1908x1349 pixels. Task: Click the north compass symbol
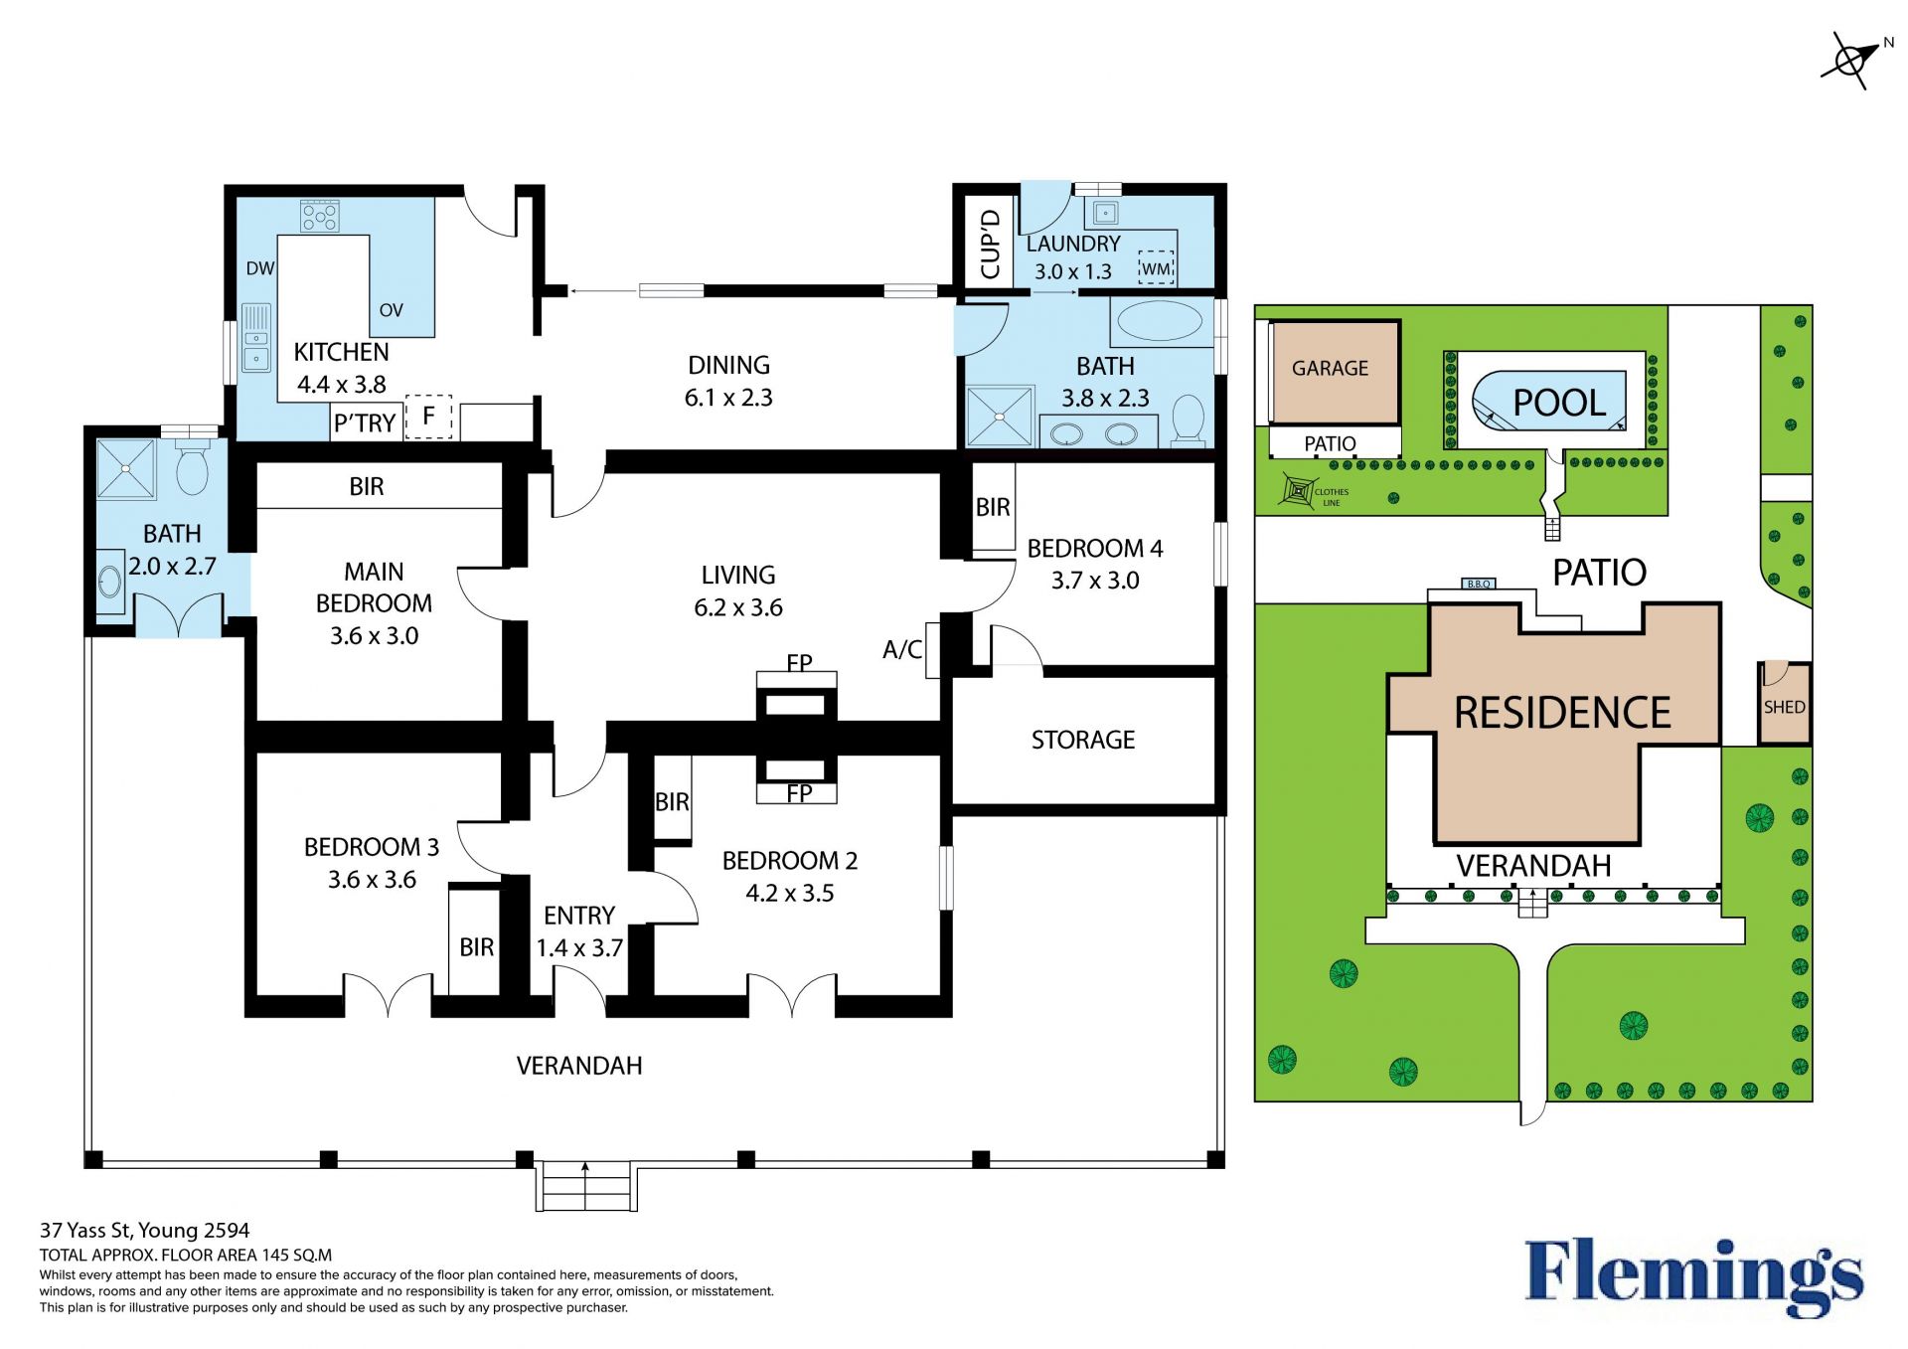point(1852,61)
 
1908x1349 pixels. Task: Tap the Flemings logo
point(1693,1278)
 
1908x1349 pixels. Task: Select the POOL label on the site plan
point(1559,403)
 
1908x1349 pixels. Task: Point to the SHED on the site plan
point(1784,703)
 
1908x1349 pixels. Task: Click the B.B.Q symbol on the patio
point(1479,584)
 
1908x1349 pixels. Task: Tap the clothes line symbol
point(1299,491)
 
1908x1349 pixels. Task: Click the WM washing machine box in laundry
point(1156,267)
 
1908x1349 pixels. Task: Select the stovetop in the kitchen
point(320,216)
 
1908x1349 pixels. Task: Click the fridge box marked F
point(428,417)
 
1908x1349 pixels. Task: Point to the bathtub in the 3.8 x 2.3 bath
point(1160,321)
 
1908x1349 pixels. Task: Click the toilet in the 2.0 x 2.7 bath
point(193,468)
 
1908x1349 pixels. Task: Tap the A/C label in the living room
point(902,649)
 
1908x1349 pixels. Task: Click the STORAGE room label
point(1083,740)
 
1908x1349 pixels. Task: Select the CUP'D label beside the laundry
point(990,244)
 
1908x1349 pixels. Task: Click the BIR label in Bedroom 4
point(993,508)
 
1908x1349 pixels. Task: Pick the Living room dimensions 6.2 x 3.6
point(738,607)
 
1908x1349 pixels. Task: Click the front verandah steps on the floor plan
point(585,1185)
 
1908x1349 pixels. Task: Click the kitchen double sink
point(256,338)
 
